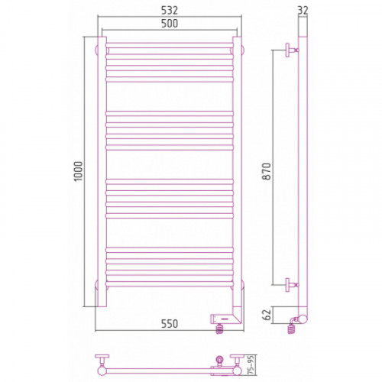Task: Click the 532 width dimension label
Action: [170, 11]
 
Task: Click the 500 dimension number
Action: [170, 24]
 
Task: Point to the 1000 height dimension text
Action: [79, 171]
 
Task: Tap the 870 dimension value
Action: [267, 171]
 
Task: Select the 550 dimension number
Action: [170, 324]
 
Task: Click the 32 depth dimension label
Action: [303, 11]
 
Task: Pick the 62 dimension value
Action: [267, 315]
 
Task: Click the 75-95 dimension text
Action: [251, 365]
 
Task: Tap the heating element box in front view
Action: [222, 319]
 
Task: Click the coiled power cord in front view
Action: [219, 329]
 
